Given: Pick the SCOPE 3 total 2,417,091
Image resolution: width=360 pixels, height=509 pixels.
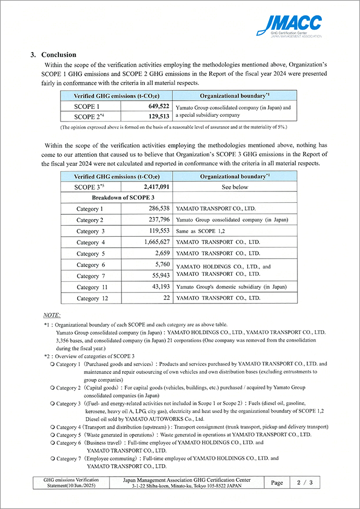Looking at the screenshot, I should [152, 187].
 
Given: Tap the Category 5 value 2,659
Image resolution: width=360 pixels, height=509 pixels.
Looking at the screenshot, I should [159, 253].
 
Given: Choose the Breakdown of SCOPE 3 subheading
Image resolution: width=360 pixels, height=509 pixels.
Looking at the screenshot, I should [123, 198].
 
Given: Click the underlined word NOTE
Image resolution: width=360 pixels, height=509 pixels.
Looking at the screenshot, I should [52, 315].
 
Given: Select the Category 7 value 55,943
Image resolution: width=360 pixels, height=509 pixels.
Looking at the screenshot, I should [157, 275].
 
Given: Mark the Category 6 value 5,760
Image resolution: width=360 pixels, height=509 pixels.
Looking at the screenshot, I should [159, 264].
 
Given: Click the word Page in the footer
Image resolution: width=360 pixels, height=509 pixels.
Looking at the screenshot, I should [277, 483].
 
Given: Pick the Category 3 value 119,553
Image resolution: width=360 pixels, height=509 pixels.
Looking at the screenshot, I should [155, 231].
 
